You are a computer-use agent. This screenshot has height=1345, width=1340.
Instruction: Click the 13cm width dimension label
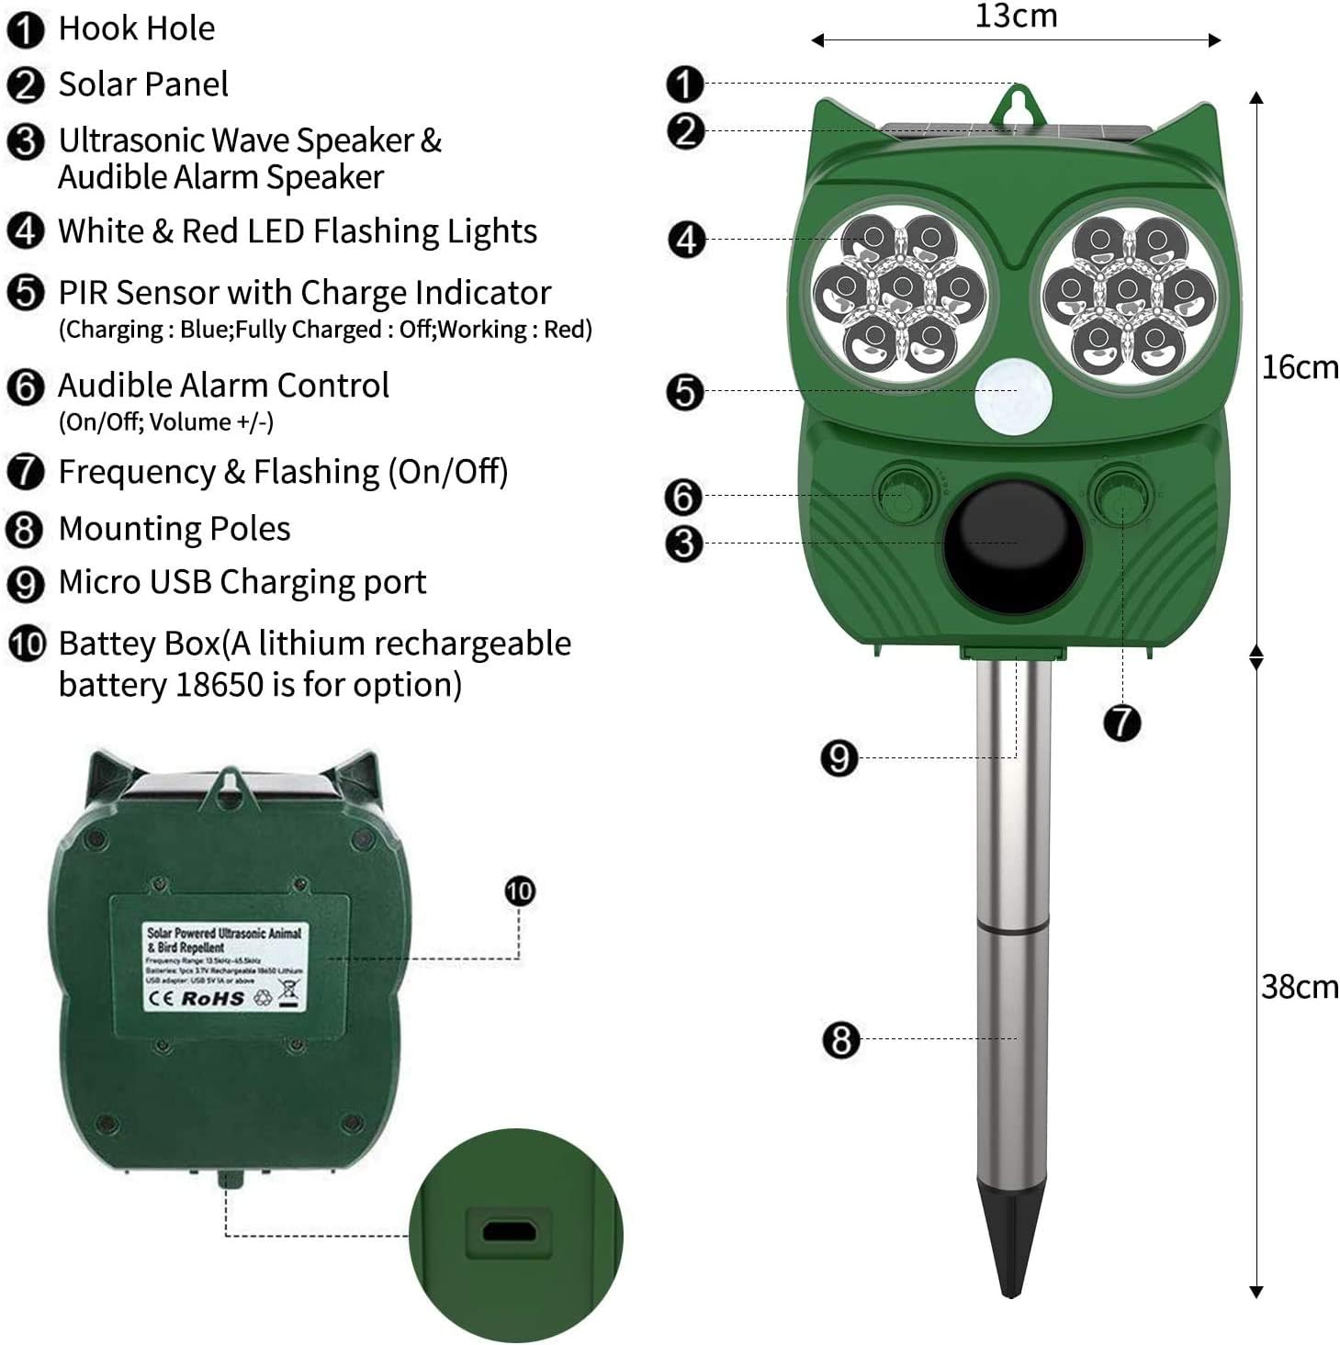point(1016,17)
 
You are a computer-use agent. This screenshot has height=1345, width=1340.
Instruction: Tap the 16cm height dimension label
point(1299,367)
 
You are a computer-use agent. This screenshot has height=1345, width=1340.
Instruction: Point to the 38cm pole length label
point(1299,987)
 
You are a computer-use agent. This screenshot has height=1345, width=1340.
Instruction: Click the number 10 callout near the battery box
point(520,891)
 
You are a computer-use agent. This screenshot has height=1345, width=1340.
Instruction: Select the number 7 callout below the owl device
point(1121,723)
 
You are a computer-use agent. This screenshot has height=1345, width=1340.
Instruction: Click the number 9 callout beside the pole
point(839,758)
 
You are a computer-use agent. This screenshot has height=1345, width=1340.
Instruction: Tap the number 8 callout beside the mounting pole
point(840,1040)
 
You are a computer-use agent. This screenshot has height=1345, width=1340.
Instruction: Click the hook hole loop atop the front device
point(1017,103)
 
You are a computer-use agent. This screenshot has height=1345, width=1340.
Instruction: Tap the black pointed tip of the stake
point(1010,1240)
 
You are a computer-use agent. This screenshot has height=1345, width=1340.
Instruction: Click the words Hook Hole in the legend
point(137,28)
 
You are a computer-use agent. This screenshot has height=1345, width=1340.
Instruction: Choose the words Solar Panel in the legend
point(143,84)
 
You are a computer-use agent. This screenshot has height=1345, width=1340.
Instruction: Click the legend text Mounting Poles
point(175,529)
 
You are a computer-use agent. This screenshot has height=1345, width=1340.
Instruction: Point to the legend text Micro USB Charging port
point(242,582)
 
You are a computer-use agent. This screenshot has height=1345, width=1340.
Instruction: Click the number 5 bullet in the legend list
point(25,293)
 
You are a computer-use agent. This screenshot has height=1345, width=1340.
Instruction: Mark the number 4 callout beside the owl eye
point(685,241)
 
